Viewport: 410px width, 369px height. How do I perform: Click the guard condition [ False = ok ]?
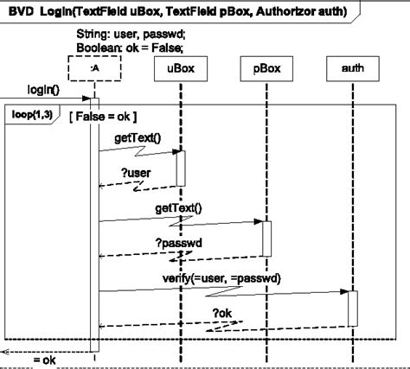(x=101, y=116)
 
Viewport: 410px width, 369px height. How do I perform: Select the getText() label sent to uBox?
(x=137, y=137)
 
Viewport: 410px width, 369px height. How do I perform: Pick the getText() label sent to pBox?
(x=178, y=207)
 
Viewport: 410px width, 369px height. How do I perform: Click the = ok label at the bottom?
(x=44, y=359)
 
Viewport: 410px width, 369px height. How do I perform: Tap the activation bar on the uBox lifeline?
(x=181, y=167)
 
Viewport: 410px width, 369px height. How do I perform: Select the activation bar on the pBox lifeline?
(x=266, y=238)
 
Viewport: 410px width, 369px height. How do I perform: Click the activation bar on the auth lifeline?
(x=353, y=308)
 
